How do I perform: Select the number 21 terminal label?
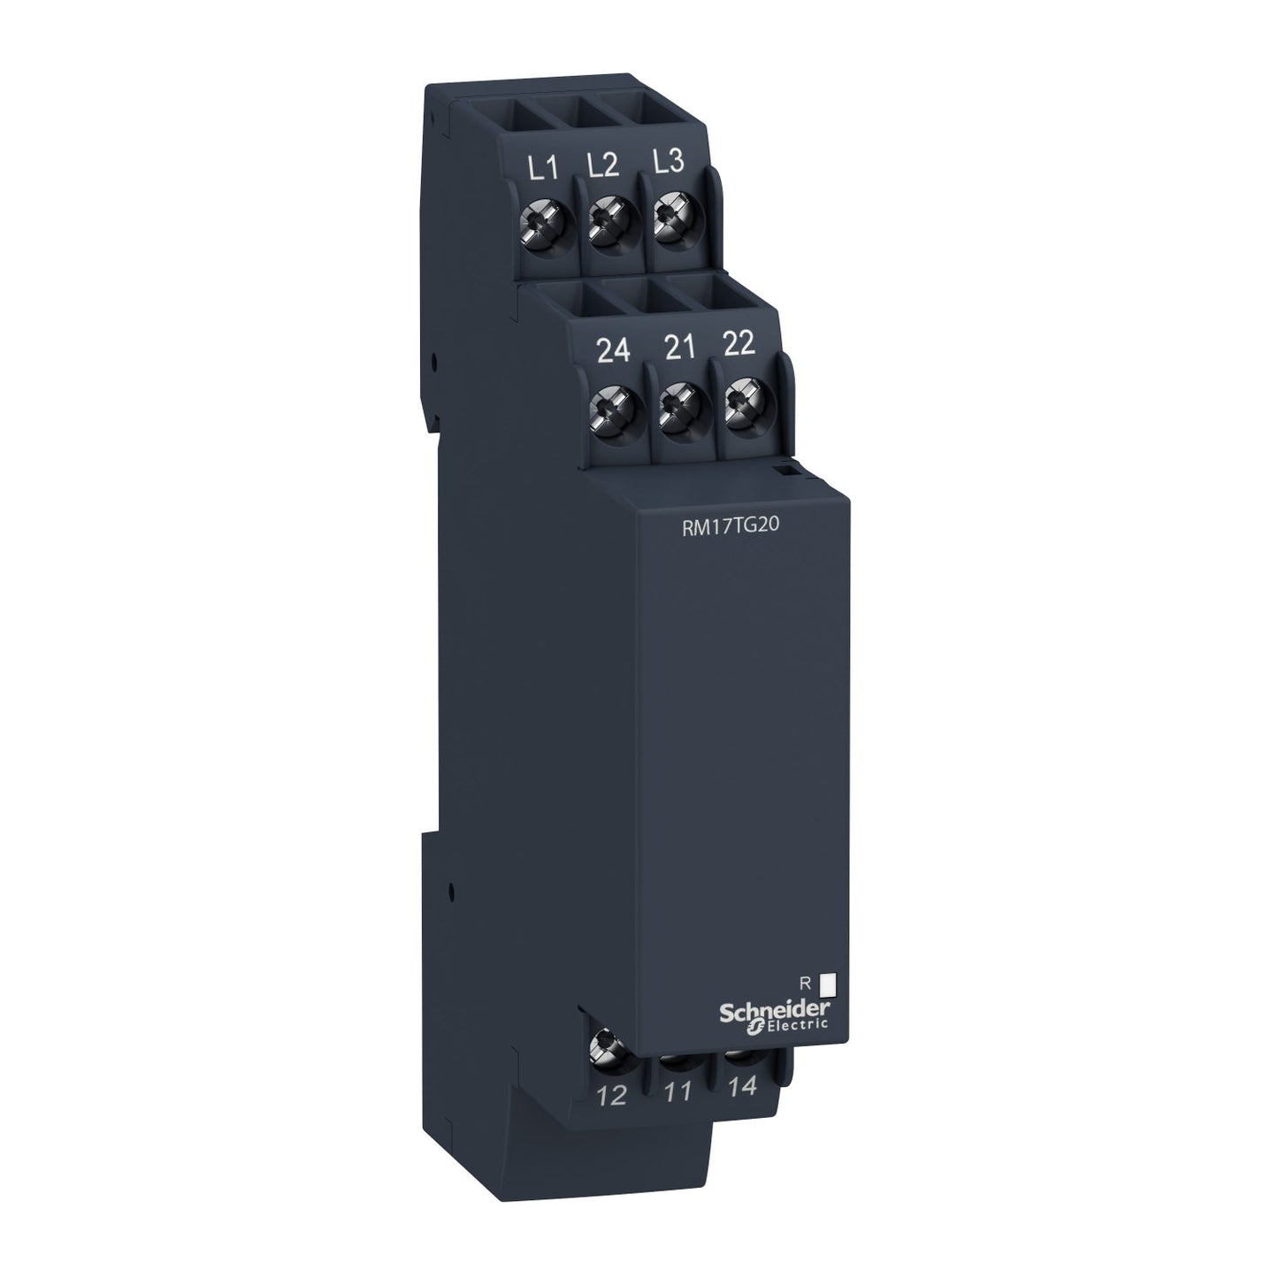[679, 348]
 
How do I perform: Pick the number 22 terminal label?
[738, 344]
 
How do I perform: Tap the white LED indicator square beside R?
[829, 982]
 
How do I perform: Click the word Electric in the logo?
[800, 1026]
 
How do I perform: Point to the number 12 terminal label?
[611, 1097]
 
